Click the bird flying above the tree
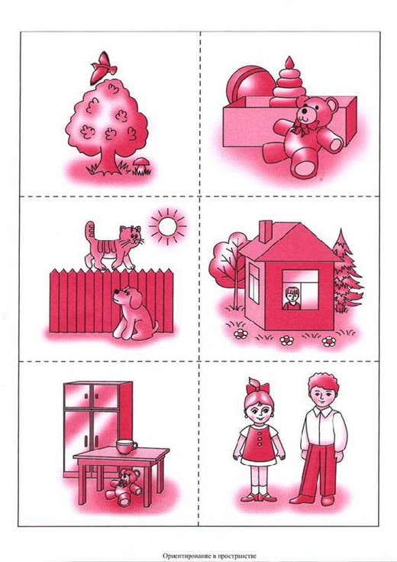tap(103, 68)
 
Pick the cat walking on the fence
tap(114, 245)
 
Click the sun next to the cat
tap(167, 226)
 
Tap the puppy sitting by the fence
tap(134, 313)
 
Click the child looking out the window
tap(292, 298)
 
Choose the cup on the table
tap(127, 447)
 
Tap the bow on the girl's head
tap(257, 387)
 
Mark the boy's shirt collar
tap(321, 412)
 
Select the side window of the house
tap(253, 284)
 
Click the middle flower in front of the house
tap(287, 340)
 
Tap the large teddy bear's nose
tap(304, 111)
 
